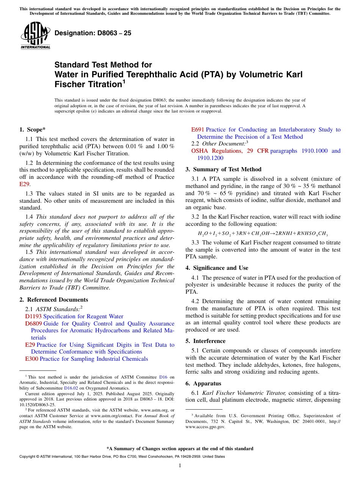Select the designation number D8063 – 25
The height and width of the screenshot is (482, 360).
pyautogui.click(x=93, y=33)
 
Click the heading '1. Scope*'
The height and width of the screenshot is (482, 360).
pyautogui.click(x=33, y=130)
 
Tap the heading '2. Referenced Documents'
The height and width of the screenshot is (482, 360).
pyautogui.click(x=48, y=300)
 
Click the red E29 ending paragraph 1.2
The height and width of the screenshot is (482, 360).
pyautogui.click(x=24, y=184)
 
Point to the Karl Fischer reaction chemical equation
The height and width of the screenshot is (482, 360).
pyautogui.click(x=263, y=234)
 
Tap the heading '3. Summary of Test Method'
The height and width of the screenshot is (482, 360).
pyautogui.click(x=223, y=169)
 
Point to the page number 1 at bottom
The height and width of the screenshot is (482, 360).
pyautogui.click(x=180, y=465)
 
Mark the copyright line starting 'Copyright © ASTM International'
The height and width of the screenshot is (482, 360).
pyautogui.click(x=122, y=457)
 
